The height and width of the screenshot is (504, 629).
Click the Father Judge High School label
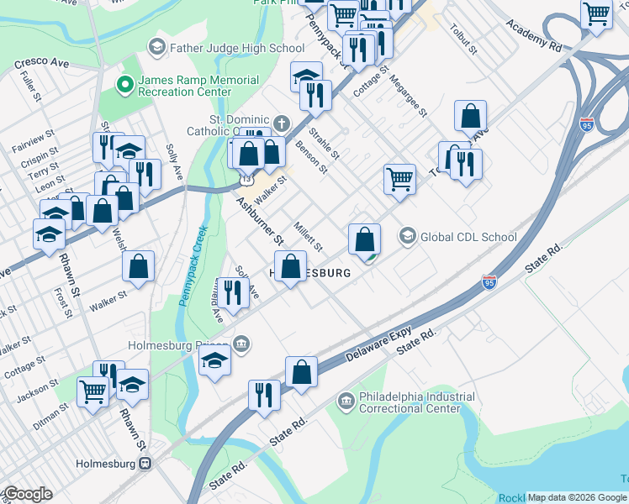tap(237, 48)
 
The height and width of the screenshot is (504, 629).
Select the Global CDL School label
tap(468, 236)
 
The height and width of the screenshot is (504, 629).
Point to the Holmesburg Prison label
tap(178, 344)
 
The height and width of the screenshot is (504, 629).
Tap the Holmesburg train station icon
tap(146, 463)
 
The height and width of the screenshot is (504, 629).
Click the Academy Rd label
tap(533, 34)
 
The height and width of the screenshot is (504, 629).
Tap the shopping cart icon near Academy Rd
tap(596, 15)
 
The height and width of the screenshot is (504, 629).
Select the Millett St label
tap(309, 235)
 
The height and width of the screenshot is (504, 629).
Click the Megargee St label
tap(409, 97)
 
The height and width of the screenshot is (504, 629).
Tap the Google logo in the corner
tap(27, 494)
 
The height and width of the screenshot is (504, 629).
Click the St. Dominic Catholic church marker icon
tap(283, 123)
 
